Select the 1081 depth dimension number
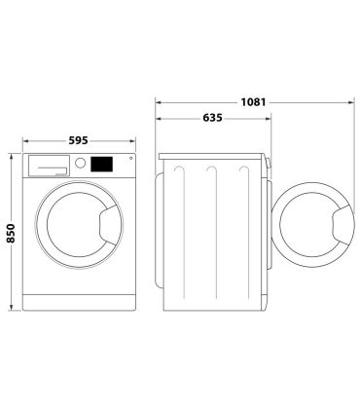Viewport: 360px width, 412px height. click(255, 101)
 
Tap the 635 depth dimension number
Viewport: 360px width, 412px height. click(213, 118)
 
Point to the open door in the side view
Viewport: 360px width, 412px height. click(314, 227)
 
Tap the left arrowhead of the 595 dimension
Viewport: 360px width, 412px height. click(25, 140)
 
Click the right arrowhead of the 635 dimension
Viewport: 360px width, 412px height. click(270, 119)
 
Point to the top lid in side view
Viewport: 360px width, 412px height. click(213, 155)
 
